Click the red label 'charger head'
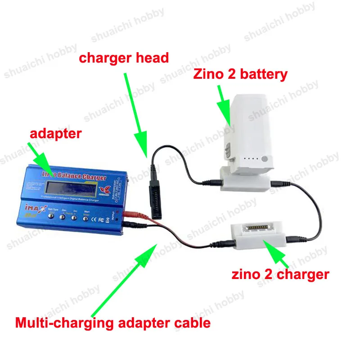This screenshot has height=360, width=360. (124, 58)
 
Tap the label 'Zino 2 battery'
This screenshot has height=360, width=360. (240, 74)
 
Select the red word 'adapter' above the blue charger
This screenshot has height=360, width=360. (56, 133)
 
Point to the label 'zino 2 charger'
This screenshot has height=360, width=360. (280, 274)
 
